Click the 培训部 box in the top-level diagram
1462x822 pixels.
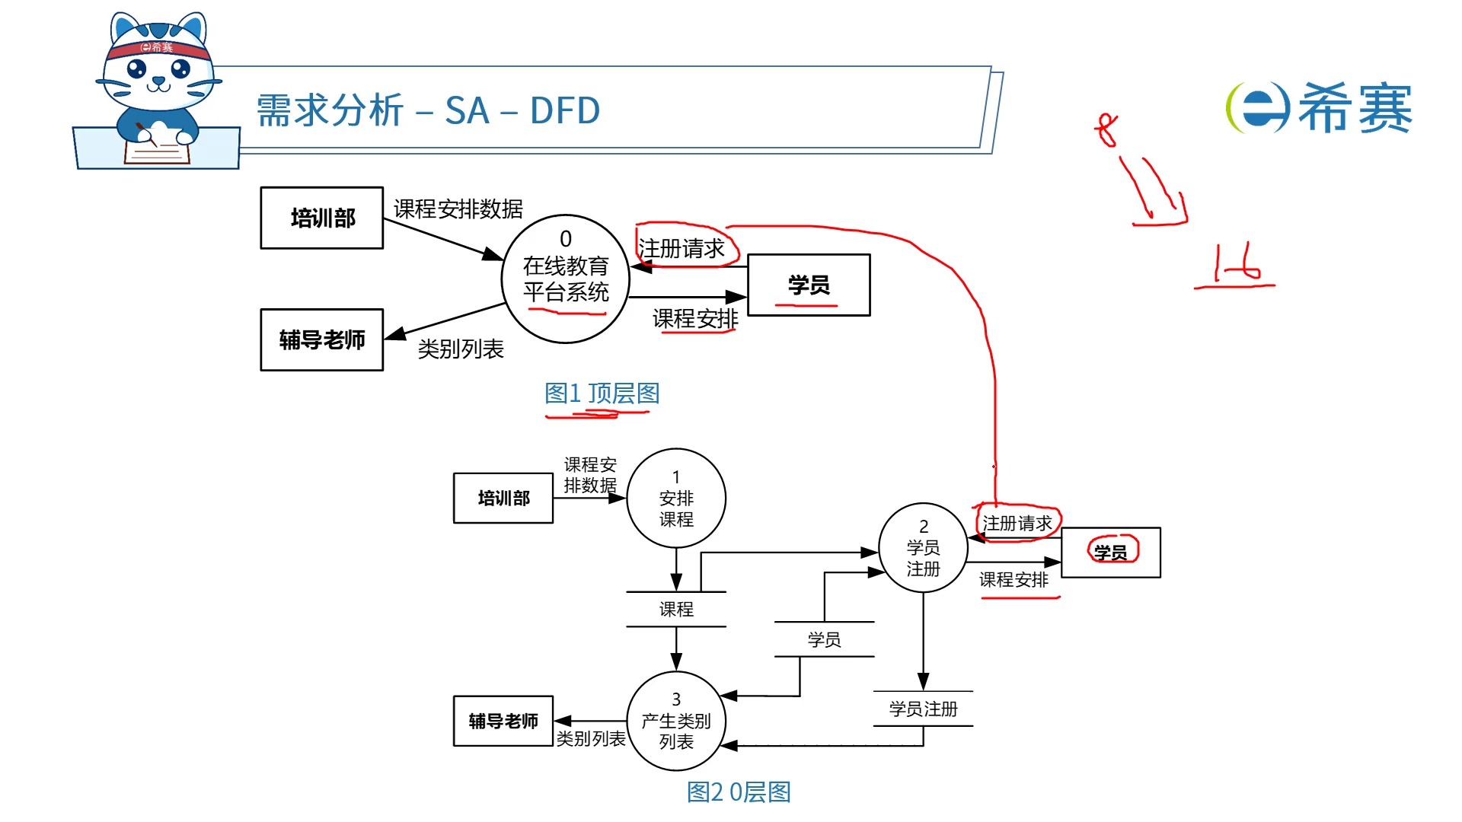coord(321,218)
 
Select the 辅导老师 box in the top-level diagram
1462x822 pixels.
coord(321,339)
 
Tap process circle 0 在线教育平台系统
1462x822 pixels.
coord(565,279)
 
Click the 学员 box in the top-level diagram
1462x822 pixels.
coord(809,285)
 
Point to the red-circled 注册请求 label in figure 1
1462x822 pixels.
coord(682,247)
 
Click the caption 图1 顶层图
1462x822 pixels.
coord(602,393)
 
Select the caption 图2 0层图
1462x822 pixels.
coord(738,792)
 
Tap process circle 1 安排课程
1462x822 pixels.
coord(675,498)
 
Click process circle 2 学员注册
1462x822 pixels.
coord(923,548)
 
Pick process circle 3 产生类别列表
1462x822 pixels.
coord(675,721)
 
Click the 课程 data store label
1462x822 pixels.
coord(675,609)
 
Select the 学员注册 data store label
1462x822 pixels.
coord(923,709)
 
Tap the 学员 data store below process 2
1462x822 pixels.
coord(824,639)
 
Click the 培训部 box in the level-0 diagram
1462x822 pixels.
coord(503,498)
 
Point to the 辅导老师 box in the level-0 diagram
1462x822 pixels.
coord(503,721)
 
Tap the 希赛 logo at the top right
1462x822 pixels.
coord(1320,108)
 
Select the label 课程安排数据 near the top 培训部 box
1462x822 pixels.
coord(458,208)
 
